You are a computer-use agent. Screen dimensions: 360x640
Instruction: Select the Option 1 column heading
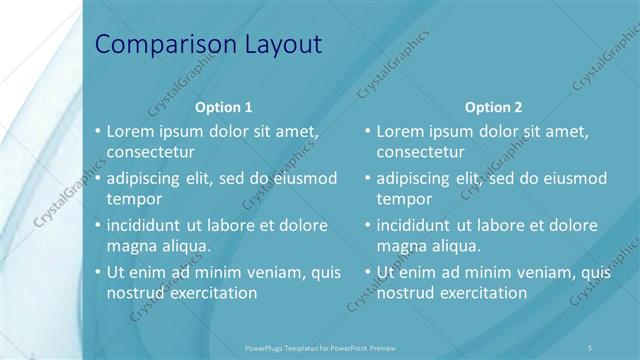click(223, 107)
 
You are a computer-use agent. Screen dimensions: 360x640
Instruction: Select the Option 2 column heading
click(493, 107)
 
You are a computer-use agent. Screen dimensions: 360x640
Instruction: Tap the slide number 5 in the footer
click(591, 347)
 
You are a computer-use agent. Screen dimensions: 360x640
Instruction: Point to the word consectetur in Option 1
click(150, 152)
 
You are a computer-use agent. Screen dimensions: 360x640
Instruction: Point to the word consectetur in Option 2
click(420, 152)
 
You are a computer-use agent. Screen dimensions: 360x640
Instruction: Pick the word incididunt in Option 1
click(150, 225)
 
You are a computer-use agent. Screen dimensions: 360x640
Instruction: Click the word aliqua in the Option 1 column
click(185, 246)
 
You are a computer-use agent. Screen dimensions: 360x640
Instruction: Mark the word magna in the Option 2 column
click(401, 246)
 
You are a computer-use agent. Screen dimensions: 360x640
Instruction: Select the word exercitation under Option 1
click(213, 293)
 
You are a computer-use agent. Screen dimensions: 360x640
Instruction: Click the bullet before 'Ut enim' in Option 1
click(97, 272)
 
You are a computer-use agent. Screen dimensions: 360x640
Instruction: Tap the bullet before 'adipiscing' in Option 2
click(367, 178)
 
